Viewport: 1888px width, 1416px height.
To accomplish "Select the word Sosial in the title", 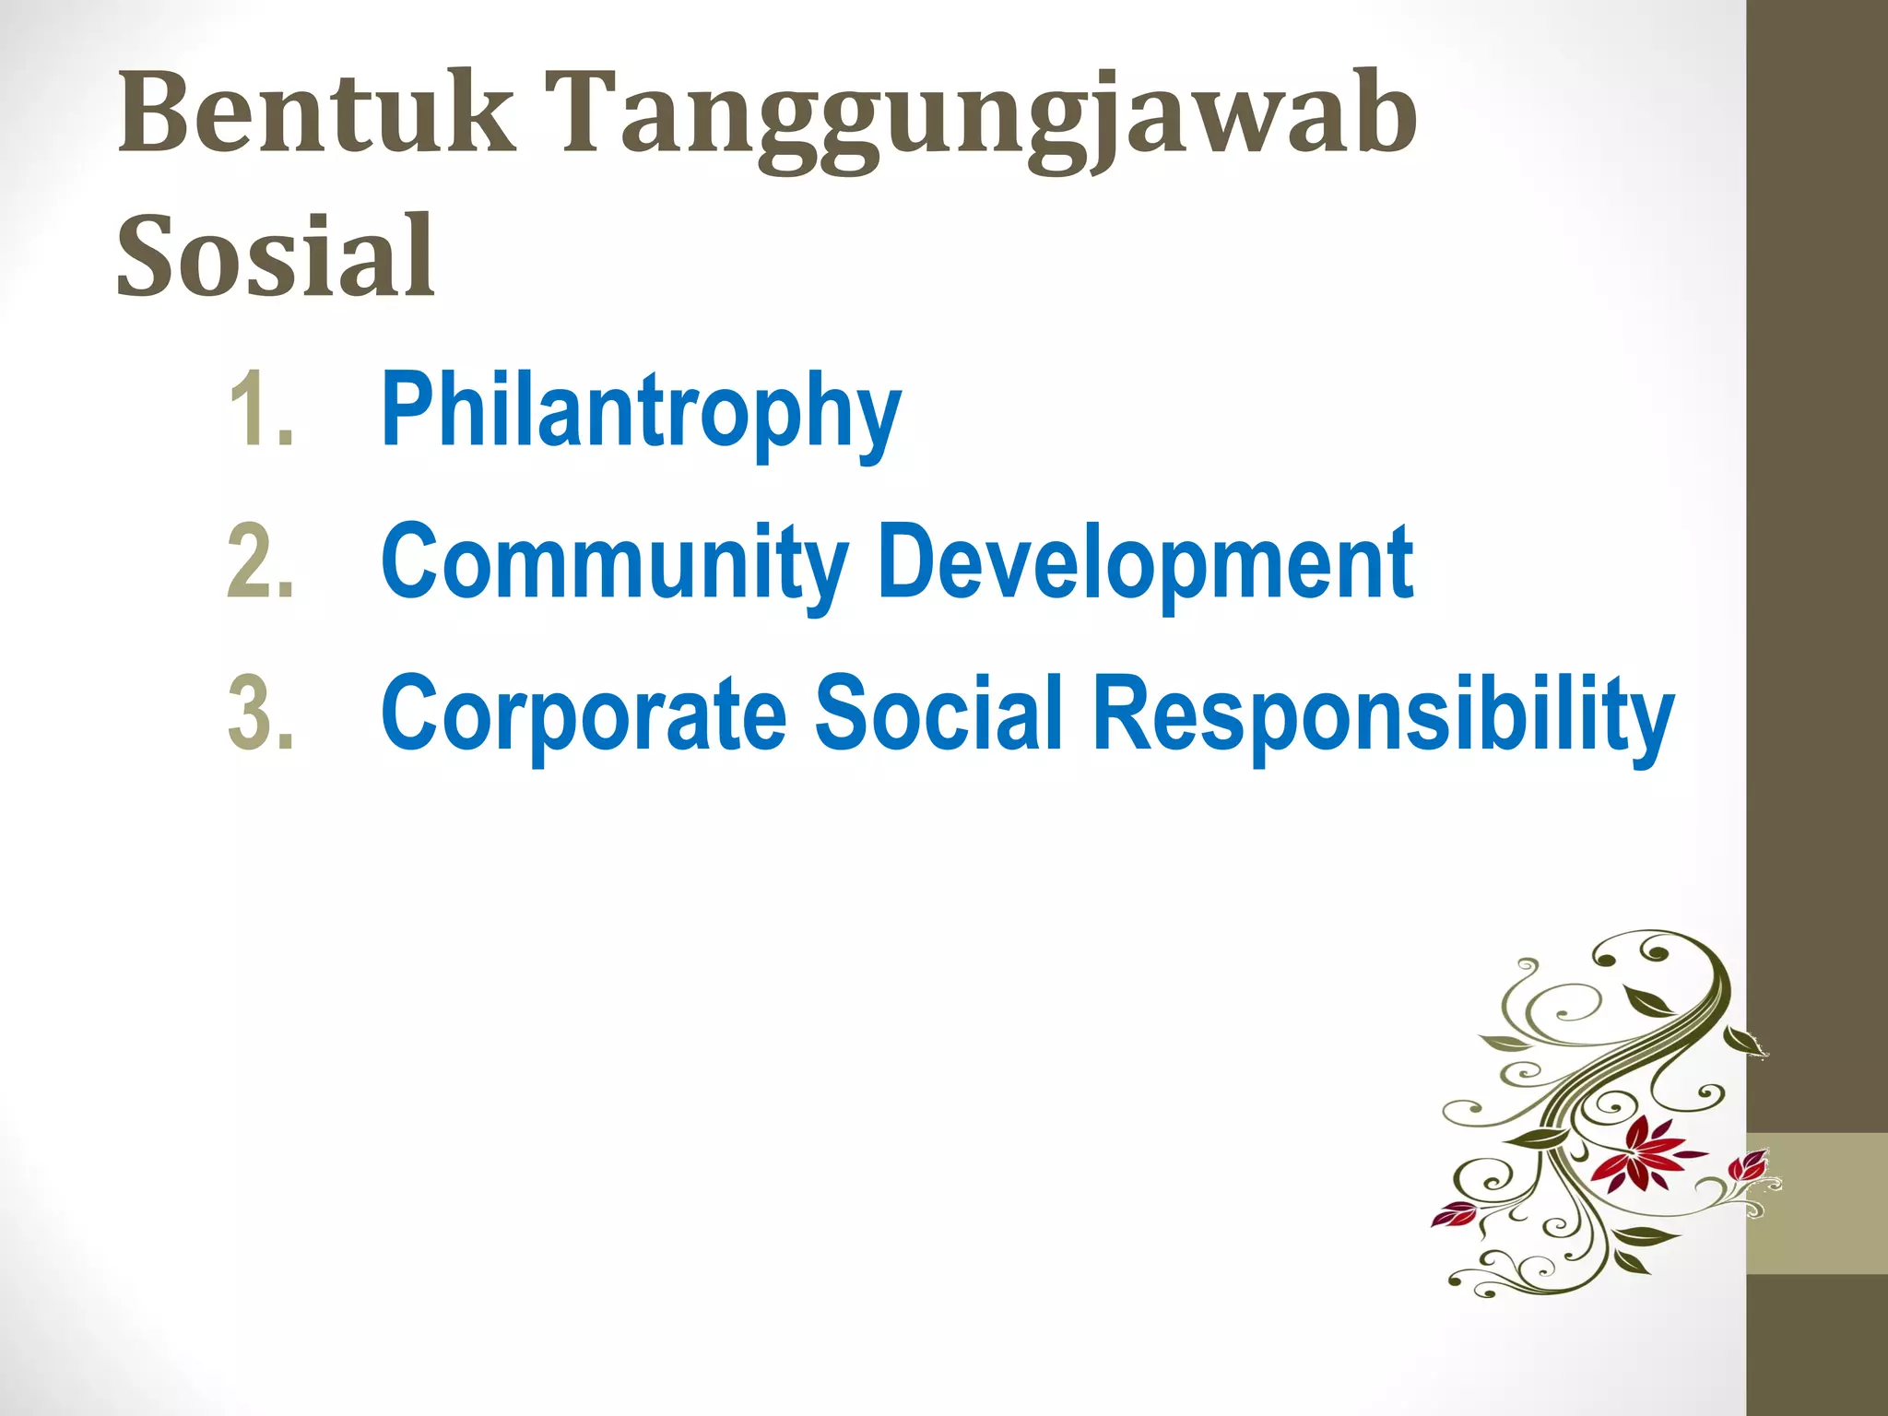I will point(275,255).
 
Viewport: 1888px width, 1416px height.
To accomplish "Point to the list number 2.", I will point(260,561).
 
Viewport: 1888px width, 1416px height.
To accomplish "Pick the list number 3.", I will point(260,713).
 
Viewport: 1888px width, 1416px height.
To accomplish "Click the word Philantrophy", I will point(640,411).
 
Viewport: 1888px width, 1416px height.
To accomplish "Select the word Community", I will point(614,562).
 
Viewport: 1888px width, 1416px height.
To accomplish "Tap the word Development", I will point(1145,562).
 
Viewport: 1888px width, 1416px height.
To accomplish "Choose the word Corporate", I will point(583,713).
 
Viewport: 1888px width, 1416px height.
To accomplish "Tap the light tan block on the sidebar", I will point(1816,1203).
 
